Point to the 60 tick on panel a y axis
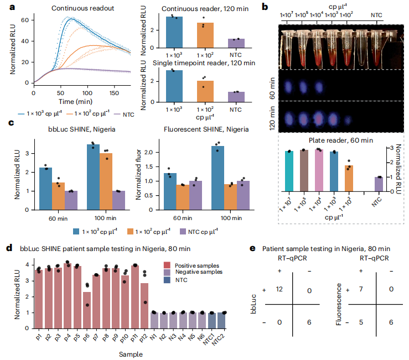point(25,19)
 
